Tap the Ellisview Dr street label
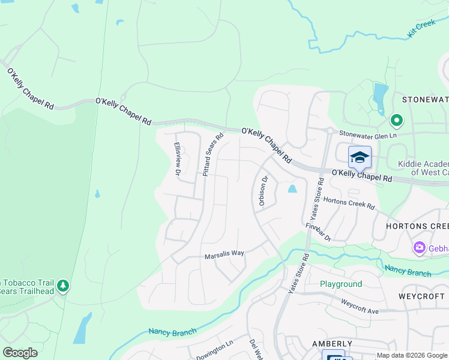pyautogui.click(x=178, y=158)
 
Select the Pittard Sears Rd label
pyautogui.click(x=213, y=154)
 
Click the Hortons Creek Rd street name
pyautogui.click(x=349, y=203)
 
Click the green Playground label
pyautogui.click(x=340, y=284)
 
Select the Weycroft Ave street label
pyautogui.click(x=360, y=307)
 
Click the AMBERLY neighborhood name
pyautogui.click(x=327, y=343)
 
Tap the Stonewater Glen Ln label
pyautogui.click(x=368, y=135)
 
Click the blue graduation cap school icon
pyautogui.click(x=360, y=157)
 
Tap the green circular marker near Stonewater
pyautogui.click(x=396, y=121)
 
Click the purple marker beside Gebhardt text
pyautogui.click(x=419, y=247)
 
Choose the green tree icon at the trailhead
pyautogui.click(x=62, y=287)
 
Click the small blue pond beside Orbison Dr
pyautogui.click(x=292, y=189)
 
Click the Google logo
pyautogui.click(x=20, y=353)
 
